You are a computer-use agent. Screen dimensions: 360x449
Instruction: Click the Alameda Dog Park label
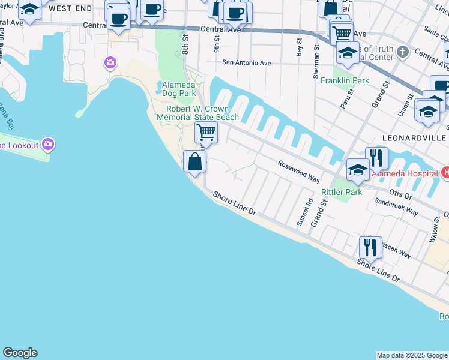[x=179, y=89]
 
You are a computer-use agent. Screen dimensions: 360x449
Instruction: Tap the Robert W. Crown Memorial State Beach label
[x=198, y=113]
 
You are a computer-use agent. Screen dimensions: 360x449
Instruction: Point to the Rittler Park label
[x=342, y=192]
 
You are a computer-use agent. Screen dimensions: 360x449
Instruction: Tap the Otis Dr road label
[x=400, y=195]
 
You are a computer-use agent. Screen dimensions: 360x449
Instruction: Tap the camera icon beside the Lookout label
[x=48, y=144]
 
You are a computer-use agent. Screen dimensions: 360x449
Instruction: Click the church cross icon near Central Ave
[x=403, y=52]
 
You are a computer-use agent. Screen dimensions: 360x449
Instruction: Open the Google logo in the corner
[x=20, y=353]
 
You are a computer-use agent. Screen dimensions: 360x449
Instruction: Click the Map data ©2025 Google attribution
[x=412, y=355]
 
